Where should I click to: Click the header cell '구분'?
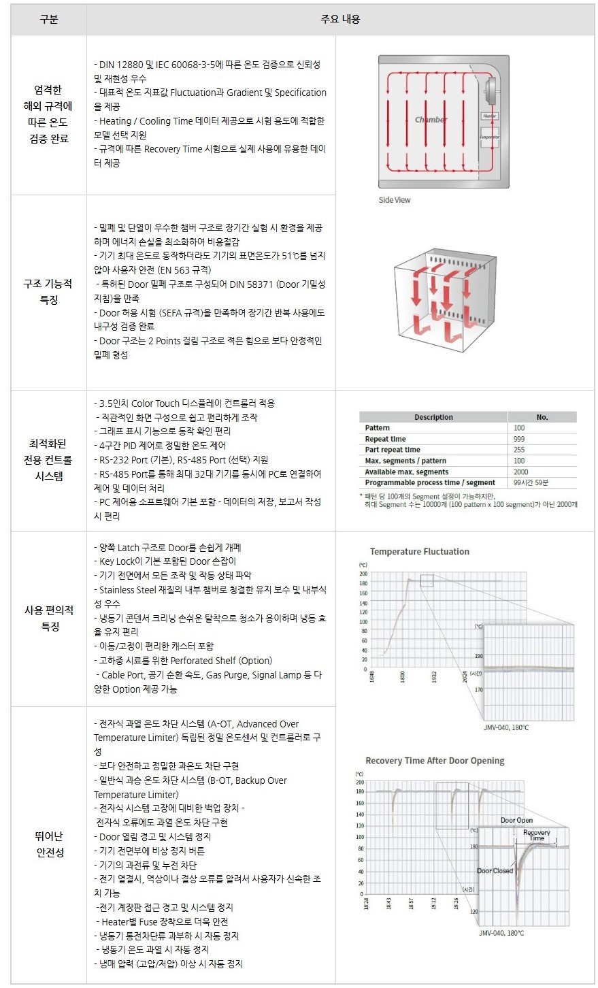click(48, 20)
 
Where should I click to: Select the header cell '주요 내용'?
click(340, 20)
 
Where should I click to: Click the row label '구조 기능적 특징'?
click(48, 291)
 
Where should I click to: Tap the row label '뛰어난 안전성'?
click(49, 844)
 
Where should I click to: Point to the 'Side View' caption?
click(395, 200)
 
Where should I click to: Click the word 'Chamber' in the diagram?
click(431, 120)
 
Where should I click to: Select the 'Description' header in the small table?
click(433, 417)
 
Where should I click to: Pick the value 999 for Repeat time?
click(520, 439)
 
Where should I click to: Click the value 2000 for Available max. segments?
click(521, 472)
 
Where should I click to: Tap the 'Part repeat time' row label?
click(393, 450)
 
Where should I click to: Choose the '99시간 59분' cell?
click(531, 482)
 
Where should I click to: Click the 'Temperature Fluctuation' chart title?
click(419, 552)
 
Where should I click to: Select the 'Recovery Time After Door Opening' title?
click(435, 761)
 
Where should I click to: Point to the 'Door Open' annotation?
click(516, 820)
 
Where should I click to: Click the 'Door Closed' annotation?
click(495, 870)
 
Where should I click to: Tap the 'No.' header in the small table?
click(542, 417)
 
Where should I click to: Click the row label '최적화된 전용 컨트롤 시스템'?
click(48, 460)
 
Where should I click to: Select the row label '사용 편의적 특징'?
click(49, 618)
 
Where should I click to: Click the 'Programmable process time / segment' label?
click(430, 482)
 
